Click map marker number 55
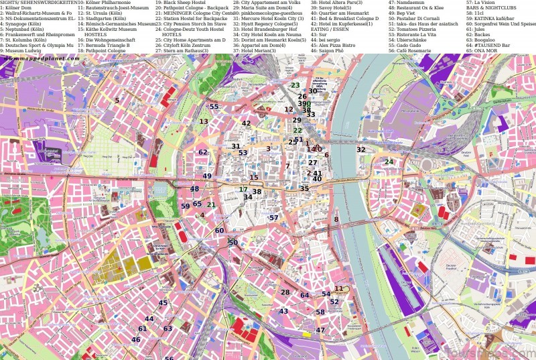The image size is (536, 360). coord(214,107)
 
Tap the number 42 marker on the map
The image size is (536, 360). coord(246,123)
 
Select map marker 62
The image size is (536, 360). coord(202,152)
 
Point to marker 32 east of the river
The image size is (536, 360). coord(361,149)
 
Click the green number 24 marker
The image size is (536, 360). coord(389,162)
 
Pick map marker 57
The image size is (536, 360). coord(273,218)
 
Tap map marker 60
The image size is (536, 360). coord(219,231)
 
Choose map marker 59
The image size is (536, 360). coord(185,206)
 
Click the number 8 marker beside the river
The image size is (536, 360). coord(336,219)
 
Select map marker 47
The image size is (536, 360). coord(320,330)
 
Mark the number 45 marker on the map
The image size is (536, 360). coord(163,303)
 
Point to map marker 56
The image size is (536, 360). coord(169,357)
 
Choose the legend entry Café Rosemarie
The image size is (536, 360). coord(412,50)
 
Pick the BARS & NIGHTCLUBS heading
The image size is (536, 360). coord(490,8)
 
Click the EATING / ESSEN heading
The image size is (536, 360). coord(329,29)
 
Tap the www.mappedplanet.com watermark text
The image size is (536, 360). coord(42,58)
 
